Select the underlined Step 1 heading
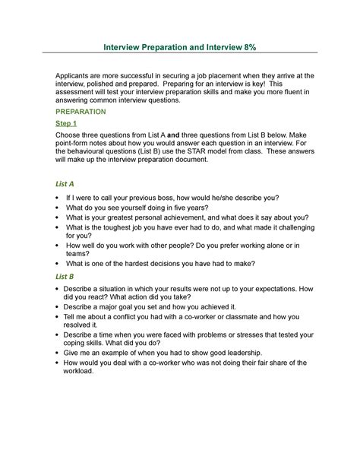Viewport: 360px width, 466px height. (67, 122)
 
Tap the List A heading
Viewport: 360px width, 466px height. (65, 183)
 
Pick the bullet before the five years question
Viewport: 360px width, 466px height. (58, 207)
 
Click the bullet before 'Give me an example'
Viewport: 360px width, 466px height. (58, 353)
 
